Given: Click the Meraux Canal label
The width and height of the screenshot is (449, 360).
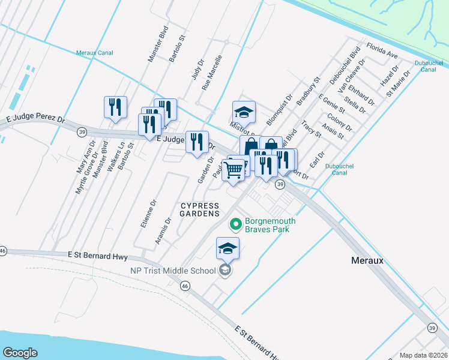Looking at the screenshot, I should click(x=95, y=53).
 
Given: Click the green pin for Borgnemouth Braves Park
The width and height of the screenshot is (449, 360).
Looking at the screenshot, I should click(x=235, y=225).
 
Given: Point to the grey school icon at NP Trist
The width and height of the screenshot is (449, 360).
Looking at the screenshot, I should click(x=224, y=271).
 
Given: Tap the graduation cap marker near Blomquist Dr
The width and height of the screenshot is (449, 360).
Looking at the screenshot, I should click(x=244, y=112).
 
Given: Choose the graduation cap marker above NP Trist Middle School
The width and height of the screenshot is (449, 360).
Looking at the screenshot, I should click(x=228, y=248).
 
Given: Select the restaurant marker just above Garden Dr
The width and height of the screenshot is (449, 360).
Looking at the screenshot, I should click(x=197, y=142).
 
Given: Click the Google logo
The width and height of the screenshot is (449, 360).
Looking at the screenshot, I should click(x=20, y=352).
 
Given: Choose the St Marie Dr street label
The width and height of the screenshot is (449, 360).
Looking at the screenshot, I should click(x=398, y=84).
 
